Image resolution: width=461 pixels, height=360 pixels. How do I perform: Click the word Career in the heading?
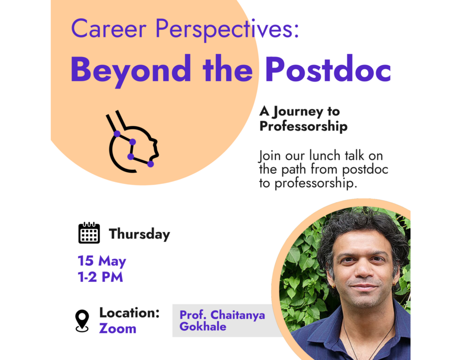(109, 29)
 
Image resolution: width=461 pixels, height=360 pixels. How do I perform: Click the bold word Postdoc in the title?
(328, 69)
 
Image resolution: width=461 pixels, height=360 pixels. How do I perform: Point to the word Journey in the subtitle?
(298, 112)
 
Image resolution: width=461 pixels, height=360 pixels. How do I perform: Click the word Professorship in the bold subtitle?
(303, 127)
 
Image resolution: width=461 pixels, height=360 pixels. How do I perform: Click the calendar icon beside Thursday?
(89, 233)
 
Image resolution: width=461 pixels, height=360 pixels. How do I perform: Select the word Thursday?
(139, 234)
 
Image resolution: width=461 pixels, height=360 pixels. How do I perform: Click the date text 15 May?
(102, 261)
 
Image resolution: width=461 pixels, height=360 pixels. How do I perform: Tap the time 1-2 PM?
(100, 277)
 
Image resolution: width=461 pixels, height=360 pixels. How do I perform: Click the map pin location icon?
(82, 321)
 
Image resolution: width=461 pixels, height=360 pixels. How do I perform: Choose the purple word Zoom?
(118, 328)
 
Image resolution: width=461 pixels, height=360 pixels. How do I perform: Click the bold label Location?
(129, 312)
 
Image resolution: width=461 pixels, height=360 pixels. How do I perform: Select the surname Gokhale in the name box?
(203, 326)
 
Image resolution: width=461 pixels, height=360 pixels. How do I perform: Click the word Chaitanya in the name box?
(238, 315)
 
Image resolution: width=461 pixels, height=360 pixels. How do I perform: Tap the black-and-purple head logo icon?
(133, 141)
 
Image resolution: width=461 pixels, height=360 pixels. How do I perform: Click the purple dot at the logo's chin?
(150, 164)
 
